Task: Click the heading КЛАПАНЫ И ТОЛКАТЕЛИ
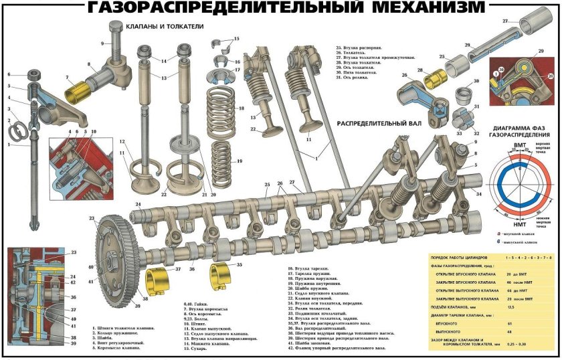(x=165, y=27)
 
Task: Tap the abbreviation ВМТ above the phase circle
(x=519, y=145)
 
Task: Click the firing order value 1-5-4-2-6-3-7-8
(x=530, y=257)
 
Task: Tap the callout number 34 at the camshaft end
(x=478, y=194)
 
